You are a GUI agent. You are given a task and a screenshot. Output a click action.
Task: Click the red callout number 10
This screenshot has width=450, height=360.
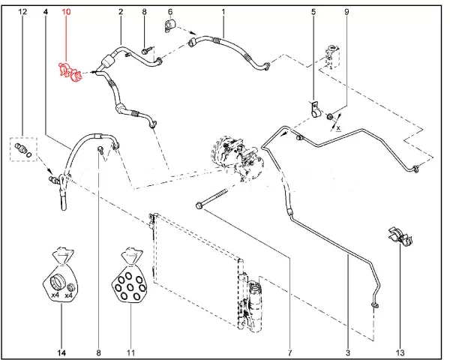[67, 13]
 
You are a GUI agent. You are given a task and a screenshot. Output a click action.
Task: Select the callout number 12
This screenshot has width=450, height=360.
[22, 13]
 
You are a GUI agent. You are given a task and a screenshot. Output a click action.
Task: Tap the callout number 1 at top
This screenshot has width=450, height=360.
[223, 13]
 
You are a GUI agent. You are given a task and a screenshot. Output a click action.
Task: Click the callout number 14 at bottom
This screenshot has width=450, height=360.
[61, 352]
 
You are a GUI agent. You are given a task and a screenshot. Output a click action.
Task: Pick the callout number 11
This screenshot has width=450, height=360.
[130, 352]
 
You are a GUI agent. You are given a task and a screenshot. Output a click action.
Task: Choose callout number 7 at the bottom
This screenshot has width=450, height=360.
[288, 352]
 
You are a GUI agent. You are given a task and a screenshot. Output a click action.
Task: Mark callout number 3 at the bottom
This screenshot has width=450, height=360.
[348, 352]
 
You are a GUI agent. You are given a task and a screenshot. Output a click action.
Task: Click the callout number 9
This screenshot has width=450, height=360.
[346, 13]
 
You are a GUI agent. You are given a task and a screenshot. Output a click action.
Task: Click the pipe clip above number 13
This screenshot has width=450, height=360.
[397, 235]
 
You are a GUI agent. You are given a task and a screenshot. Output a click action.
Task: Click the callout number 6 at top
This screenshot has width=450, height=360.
[170, 13]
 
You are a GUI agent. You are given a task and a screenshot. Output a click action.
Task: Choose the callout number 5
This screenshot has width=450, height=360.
[313, 13]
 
